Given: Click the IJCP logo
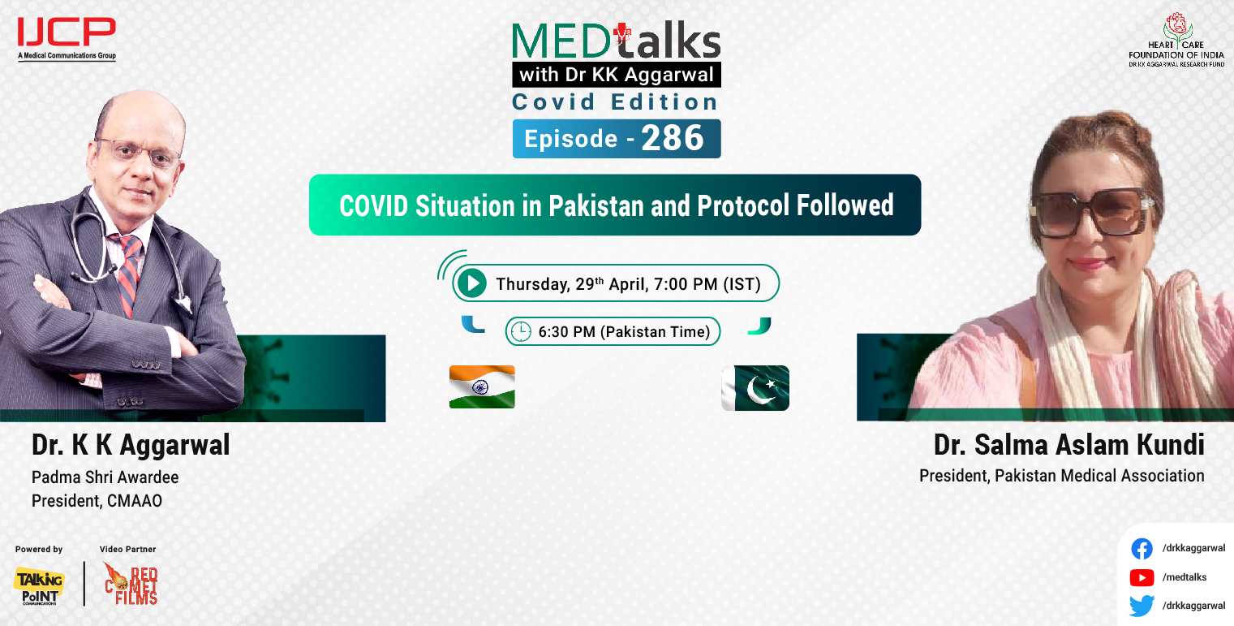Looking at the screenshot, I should tap(67, 34).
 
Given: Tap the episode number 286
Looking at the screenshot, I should tap(673, 139).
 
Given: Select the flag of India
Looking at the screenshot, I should tap(482, 386).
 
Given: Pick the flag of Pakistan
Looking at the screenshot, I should tap(755, 387).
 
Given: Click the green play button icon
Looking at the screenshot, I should tap(471, 283).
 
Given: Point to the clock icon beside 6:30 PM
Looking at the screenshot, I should tap(520, 331).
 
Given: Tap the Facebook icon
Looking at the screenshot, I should tap(1142, 549).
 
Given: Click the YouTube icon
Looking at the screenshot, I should tap(1142, 577).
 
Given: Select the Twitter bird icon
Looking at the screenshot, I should tap(1142, 606).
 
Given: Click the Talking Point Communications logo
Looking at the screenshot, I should tap(38, 585).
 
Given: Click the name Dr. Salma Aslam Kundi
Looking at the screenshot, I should tap(1068, 445).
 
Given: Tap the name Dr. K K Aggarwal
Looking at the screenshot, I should tap(131, 445).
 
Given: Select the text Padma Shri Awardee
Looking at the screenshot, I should tap(105, 477).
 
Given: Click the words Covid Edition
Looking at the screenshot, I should tap(615, 102).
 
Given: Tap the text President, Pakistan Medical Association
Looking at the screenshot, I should tap(1061, 476).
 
